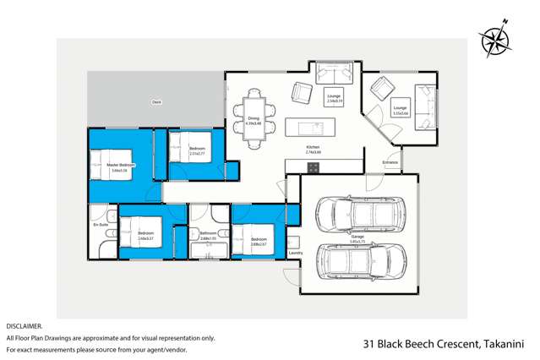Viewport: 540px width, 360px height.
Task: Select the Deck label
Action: tap(156, 102)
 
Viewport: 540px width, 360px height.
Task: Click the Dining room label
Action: tap(253, 119)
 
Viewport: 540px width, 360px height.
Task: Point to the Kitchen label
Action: tap(313, 148)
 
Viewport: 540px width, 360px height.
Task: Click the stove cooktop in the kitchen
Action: tap(313, 166)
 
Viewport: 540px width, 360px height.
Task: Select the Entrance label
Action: tap(390, 161)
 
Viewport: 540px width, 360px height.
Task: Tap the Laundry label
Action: tap(295, 253)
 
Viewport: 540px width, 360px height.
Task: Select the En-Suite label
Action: tap(101, 226)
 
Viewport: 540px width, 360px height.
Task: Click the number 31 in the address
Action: tap(368, 344)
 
